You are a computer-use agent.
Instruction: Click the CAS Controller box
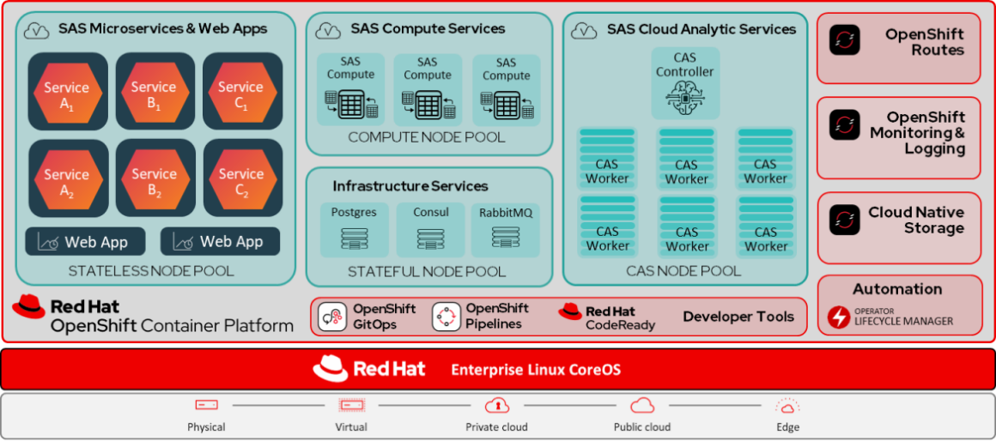(x=685, y=83)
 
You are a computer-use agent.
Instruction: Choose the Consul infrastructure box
(x=430, y=229)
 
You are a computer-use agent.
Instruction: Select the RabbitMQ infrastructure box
(x=506, y=229)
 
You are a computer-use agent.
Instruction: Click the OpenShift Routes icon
(x=845, y=40)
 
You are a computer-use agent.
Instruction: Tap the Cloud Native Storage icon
(x=845, y=220)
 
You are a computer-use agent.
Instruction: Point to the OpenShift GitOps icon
(x=332, y=317)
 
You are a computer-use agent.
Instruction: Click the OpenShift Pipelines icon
(x=446, y=317)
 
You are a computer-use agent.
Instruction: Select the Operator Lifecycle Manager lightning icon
(x=839, y=317)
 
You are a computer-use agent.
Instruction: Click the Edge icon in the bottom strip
(x=787, y=406)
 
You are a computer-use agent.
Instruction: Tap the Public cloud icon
(x=642, y=405)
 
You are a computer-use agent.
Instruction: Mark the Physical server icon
(x=206, y=405)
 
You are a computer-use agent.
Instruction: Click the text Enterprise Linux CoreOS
(x=536, y=370)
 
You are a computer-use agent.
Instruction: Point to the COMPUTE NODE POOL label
(x=427, y=137)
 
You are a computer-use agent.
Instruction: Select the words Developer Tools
(x=738, y=317)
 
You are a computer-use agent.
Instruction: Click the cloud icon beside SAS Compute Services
(x=328, y=31)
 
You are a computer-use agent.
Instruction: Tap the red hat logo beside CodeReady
(x=570, y=311)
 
